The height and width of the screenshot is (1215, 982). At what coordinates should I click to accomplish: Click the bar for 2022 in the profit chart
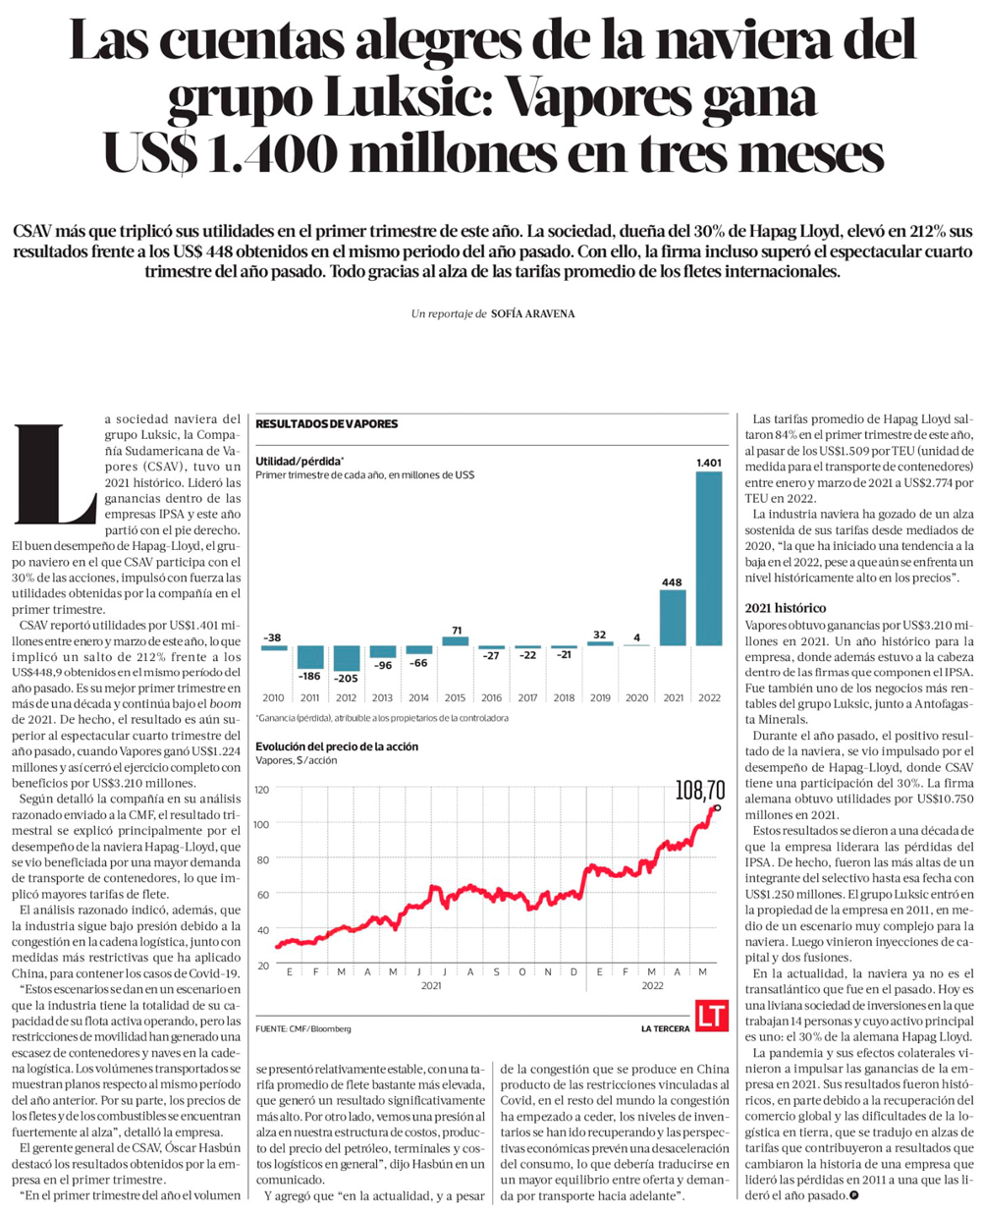click(x=709, y=559)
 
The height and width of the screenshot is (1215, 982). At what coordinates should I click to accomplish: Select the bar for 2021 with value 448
click(x=673, y=618)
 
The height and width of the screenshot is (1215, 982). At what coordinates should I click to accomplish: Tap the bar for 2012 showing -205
click(x=347, y=658)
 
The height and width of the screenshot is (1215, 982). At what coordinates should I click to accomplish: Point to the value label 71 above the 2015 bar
click(x=457, y=631)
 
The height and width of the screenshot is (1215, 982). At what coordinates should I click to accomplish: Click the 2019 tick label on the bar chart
click(x=600, y=697)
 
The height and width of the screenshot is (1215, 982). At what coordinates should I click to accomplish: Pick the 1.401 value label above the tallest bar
click(x=709, y=463)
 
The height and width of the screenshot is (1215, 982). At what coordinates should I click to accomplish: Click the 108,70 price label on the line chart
click(x=700, y=792)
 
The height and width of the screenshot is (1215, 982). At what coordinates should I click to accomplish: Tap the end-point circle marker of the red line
click(x=717, y=807)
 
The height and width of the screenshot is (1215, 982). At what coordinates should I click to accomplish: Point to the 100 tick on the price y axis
click(x=262, y=824)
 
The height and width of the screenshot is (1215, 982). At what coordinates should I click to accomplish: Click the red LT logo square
click(x=711, y=1015)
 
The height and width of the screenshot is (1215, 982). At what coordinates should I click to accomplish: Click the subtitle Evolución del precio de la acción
click(x=337, y=746)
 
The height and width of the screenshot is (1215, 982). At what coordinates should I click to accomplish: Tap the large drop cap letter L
click(x=55, y=474)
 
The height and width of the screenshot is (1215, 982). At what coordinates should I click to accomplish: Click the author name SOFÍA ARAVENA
click(x=532, y=313)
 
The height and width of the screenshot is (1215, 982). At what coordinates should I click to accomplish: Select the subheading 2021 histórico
click(x=786, y=608)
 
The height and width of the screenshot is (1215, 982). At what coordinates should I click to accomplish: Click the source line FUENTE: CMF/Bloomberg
click(x=303, y=1029)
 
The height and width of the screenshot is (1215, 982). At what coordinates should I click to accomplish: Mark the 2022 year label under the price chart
click(x=652, y=985)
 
